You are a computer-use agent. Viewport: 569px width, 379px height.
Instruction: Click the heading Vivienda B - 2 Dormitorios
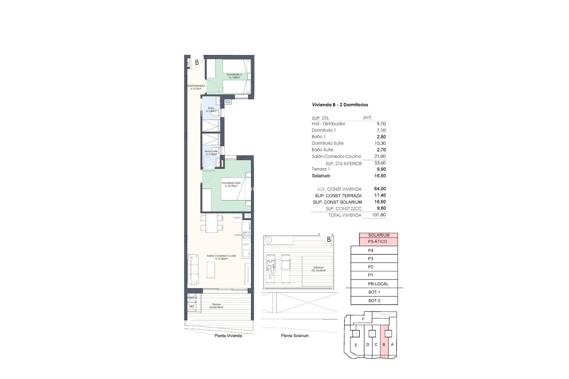coord(340,105)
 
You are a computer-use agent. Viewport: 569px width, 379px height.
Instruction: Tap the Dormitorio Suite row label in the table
coord(327,143)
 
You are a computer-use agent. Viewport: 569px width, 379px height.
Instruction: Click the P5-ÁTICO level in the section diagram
coord(377,242)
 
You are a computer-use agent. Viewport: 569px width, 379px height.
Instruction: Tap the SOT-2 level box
coord(374,301)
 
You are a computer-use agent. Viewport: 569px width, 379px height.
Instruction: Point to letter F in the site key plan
coord(363,319)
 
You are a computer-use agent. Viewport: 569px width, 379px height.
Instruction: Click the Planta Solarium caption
coord(295,336)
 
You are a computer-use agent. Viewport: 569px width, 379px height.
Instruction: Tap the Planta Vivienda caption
coord(228,336)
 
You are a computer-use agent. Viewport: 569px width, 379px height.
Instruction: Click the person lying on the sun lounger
coord(270,268)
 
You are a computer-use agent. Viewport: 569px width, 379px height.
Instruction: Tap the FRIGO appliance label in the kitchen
coord(237,218)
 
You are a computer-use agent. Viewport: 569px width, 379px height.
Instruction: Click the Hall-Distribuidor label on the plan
coord(196,87)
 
